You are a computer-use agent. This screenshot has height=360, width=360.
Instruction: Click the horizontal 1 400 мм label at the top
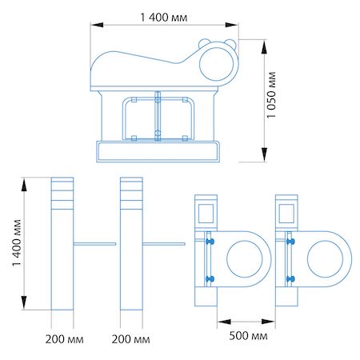pyautogui.click(x=164, y=18)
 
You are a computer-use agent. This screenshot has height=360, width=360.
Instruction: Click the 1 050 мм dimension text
pyautogui.click(x=271, y=95)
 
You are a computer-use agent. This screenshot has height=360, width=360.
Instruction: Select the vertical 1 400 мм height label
pyautogui.click(x=17, y=242)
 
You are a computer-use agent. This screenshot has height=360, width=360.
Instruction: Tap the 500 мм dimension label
pyautogui.click(x=248, y=336)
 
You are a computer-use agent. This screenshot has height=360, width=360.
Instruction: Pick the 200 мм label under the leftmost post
pyautogui.click(x=64, y=339)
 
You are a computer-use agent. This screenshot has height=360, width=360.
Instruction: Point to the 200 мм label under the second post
pyautogui.click(x=130, y=339)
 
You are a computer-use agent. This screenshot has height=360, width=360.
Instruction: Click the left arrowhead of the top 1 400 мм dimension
pyautogui.click(x=97, y=25)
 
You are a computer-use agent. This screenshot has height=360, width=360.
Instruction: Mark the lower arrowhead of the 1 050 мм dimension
pyautogui.click(x=264, y=155)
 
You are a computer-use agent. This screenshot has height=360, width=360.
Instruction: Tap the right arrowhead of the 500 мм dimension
pyautogui.click(x=268, y=322)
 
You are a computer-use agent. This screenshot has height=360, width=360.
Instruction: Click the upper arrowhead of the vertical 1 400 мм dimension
pyautogui.click(x=24, y=185)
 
